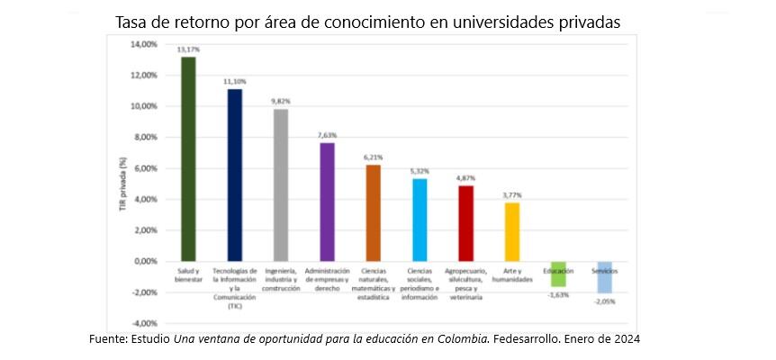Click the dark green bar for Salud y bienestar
[x=188, y=158]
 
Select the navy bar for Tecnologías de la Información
[x=234, y=175]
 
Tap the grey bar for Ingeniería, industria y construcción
[x=281, y=184]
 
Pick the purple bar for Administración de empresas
[x=327, y=202]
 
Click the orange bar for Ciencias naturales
[x=373, y=212]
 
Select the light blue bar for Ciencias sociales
[x=420, y=220]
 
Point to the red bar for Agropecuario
[x=465, y=223]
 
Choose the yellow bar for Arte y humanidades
[x=511, y=231]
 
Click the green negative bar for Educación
[x=558, y=274]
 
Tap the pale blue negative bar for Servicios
[x=604, y=276]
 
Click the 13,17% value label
[x=188, y=49]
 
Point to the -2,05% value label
[x=605, y=301]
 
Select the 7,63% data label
[x=327, y=135]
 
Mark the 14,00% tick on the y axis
[x=145, y=44]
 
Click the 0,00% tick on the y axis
[x=147, y=261]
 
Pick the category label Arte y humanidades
[x=511, y=274]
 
